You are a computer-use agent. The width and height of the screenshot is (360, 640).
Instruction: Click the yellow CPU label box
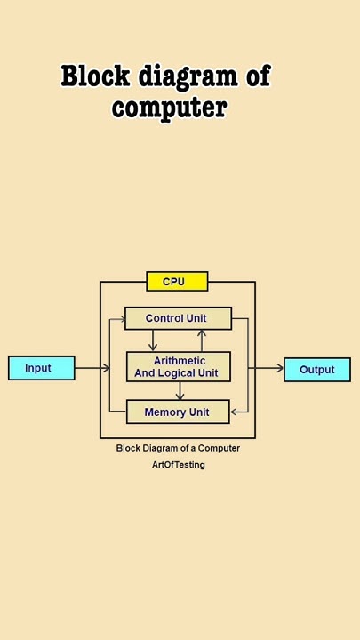[177, 282]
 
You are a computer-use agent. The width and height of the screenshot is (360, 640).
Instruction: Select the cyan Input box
[42, 368]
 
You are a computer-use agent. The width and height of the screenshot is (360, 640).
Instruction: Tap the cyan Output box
[316, 370]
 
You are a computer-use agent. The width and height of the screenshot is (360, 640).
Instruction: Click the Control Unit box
[178, 318]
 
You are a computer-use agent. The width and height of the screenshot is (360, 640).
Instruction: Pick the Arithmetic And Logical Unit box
[178, 367]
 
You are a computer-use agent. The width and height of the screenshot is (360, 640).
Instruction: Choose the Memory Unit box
[178, 412]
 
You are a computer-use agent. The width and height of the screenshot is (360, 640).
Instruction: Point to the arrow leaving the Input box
[88, 368]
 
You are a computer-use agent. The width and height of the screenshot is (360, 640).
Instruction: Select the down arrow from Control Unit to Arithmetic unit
[153, 341]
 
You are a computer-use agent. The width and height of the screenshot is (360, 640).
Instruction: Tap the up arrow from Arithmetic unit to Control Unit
[202, 340]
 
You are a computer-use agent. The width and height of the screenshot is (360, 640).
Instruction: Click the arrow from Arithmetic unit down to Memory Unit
[180, 391]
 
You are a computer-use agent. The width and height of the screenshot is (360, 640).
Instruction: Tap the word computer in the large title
[169, 108]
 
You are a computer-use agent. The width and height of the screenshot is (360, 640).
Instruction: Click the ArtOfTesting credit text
[178, 465]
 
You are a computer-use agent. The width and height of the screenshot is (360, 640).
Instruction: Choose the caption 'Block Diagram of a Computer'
[178, 448]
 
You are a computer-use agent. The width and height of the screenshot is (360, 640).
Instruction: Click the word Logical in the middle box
[176, 373]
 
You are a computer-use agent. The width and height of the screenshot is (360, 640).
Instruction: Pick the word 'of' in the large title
[258, 76]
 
